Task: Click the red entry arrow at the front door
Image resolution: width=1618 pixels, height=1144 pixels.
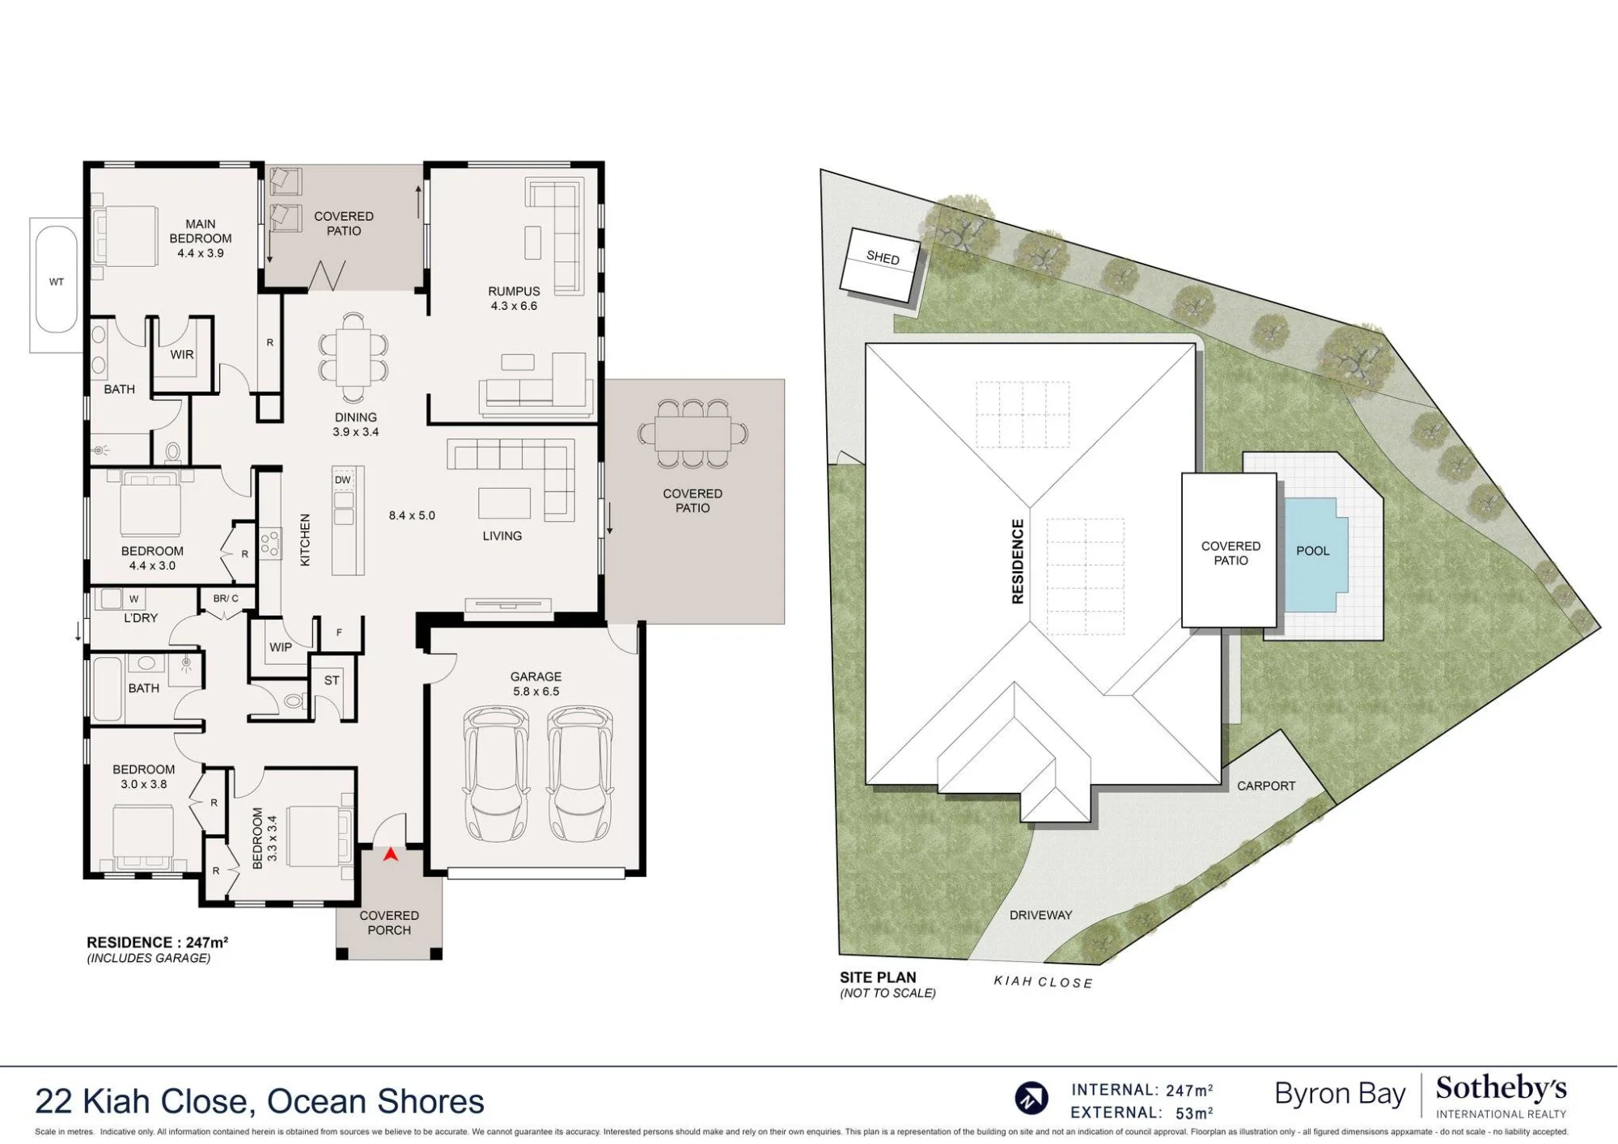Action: pyautogui.click(x=391, y=854)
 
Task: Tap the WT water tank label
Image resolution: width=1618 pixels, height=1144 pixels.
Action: pyautogui.click(x=56, y=282)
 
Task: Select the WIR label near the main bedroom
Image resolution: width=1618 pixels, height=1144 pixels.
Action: pyautogui.click(x=182, y=354)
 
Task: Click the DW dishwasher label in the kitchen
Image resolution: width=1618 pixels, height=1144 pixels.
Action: pyautogui.click(x=343, y=480)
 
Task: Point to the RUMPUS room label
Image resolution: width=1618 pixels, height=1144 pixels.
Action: pyautogui.click(x=514, y=291)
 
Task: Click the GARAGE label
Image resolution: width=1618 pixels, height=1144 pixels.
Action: pyautogui.click(x=536, y=676)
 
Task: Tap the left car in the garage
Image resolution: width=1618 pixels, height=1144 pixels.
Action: pyautogui.click(x=495, y=775)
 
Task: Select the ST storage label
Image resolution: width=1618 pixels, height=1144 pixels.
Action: pyautogui.click(x=332, y=680)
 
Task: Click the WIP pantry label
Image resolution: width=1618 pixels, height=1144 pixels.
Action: pyautogui.click(x=281, y=647)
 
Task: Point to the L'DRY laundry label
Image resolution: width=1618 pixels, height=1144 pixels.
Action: pyautogui.click(x=141, y=618)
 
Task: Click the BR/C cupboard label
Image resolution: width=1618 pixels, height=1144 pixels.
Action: pyautogui.click(x=226, y=599)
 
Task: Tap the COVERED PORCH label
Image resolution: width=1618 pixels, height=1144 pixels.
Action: pyautogui.click(x=389, y=923)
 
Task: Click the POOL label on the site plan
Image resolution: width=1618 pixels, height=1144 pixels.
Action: pyautogui.click(x=1313, y=551)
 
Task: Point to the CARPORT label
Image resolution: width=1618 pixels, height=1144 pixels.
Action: pyautogui.click(x=1266, y=786)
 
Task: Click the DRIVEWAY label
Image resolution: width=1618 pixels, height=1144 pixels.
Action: pyautogui.click(x=1040, y=915)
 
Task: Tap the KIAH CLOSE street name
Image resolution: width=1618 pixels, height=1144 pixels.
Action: pyautogui.click(x=1043, y=982)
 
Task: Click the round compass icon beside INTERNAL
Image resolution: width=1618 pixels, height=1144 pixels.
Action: pyautogui.click(x=1031, y=1099)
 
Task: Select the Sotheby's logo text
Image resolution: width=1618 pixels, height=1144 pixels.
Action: pyautogui.click(x=1501, y=1089)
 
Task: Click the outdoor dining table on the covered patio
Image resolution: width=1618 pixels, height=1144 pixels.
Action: pyautogui.click(x=693, y=433)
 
